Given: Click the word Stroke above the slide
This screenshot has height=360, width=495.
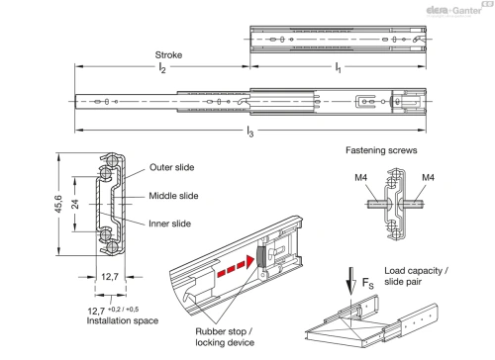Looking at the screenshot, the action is click(168, 54).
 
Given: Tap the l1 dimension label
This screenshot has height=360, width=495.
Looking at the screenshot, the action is click(338, 68).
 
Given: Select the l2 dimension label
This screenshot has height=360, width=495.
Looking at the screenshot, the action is click(162, 68).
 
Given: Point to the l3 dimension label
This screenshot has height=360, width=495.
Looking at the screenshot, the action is click(250, 132).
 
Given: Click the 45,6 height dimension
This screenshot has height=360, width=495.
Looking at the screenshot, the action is click(58, 204).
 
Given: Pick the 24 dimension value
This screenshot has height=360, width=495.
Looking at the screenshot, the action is click(75, 204).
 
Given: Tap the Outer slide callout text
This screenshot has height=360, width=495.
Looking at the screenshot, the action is click(171, 167).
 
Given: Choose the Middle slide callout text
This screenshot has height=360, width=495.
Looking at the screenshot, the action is click(173, 196).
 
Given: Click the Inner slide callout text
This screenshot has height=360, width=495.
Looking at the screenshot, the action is click(169, 224).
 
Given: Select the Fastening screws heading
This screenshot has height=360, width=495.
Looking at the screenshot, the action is click(381, 150).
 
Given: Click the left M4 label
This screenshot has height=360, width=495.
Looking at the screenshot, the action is click(360, 178).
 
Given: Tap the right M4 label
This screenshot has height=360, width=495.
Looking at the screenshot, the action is click(428, 178).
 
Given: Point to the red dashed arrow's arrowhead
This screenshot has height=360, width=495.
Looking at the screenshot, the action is click(249, 262).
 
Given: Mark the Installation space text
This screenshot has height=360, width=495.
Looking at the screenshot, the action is click(123, 320).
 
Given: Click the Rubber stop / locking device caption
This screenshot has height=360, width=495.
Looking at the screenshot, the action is click(225, 337).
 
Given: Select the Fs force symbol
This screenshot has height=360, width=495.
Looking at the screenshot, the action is click(367, 283).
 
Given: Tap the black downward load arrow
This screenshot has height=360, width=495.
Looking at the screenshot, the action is click(351, 281).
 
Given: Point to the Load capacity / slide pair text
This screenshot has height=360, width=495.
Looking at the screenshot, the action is click(416, 276).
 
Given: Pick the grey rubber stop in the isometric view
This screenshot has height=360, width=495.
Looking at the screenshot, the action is click(261, 256).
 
